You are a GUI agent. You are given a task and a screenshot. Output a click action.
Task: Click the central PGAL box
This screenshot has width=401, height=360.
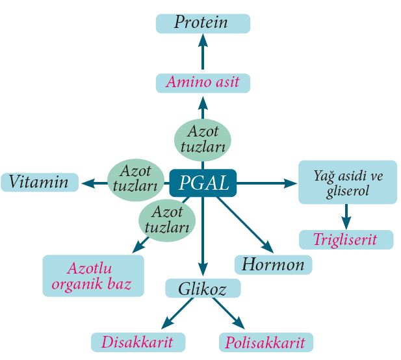tap(203, 184)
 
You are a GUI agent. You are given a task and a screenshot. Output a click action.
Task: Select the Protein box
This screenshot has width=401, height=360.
tap(202, 23)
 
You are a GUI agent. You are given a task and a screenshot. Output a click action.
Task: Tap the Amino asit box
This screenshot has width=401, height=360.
tap(202, 83)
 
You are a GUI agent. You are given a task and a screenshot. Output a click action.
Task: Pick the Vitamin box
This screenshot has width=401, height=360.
tap(40, 182)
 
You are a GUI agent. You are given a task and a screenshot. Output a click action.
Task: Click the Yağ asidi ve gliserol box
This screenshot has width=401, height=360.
tap(347, 183)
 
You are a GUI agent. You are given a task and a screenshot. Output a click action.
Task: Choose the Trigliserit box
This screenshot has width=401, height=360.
tap(346, 240)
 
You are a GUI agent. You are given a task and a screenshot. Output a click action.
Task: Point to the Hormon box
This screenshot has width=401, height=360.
tap(273, 264)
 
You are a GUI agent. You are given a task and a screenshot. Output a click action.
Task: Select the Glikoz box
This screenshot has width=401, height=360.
tap(202, 289)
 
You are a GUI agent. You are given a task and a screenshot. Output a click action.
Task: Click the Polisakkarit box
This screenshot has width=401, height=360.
tap(265, 342)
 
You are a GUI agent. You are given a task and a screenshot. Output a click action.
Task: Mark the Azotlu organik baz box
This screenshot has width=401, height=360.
tap(92, 276)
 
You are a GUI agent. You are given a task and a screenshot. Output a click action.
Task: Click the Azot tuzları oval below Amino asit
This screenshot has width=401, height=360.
tap(202, 138)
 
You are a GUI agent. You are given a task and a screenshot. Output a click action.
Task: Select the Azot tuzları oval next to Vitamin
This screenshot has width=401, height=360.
tap(135, 177)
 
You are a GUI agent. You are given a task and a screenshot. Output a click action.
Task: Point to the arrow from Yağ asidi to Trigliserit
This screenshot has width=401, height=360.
tap(346, 215)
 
